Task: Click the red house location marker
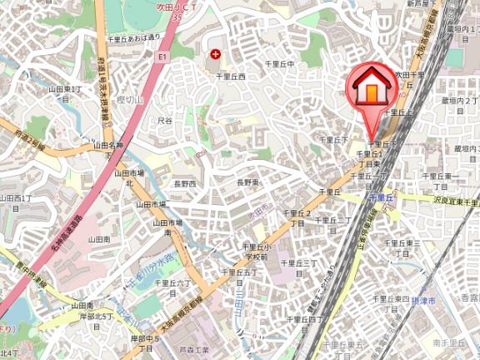click(x=370, y=86)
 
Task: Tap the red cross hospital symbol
click(x=216, y=54)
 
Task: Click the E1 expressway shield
click(x=162, y=57)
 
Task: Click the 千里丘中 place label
click(x=279, y=63)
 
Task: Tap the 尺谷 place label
click(x=165, y=121)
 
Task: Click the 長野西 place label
click(x=185, y=183)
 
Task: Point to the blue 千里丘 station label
click(x=380, y=197)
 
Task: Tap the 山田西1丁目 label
click(x=15, y=202)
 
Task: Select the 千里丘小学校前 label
click(x=255, y=252)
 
